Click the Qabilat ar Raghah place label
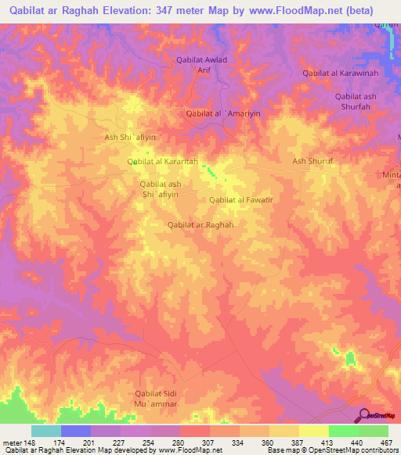click(201, 224)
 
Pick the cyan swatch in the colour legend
click(46, 431)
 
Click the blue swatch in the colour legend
click(76, 431)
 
